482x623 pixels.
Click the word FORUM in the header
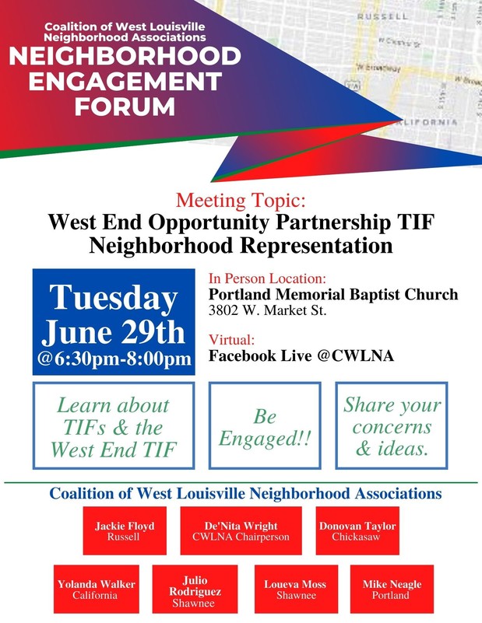(125, 107)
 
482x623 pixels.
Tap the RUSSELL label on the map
(382, 16)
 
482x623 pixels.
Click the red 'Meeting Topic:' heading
(241, 200)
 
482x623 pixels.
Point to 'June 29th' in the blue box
(114, 332)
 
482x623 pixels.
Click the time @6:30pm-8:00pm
(114, 359)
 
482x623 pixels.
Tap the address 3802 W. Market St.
(267, 310)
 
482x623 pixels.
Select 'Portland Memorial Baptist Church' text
(333, 295)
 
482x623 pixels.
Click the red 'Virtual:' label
(231, 340)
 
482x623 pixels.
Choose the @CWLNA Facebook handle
(356, 355)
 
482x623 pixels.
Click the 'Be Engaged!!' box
(265, 425)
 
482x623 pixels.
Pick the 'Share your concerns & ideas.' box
(392, 425)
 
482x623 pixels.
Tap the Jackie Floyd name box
(125, 530)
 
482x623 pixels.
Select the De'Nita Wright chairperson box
(241, 530)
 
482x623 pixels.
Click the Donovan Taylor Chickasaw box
(357, 530)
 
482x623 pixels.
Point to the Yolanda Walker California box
(97, 590)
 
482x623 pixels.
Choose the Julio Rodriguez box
(195, 590)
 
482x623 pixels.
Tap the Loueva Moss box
(296, 590)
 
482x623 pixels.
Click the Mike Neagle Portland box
(392, 590)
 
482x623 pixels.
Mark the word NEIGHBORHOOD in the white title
(125, 56)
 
